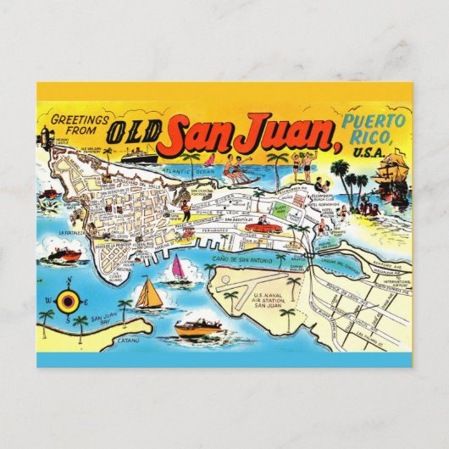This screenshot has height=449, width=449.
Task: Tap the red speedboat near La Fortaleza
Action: point(66,254)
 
